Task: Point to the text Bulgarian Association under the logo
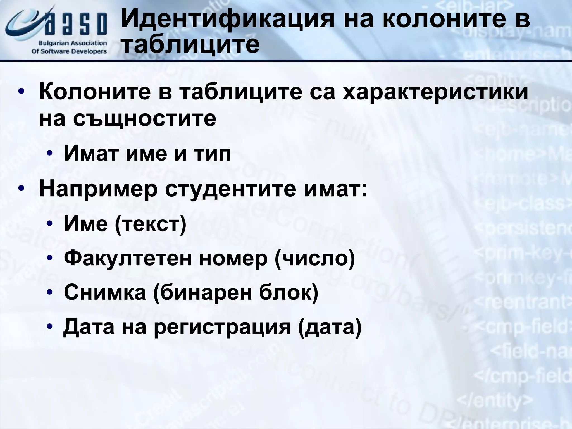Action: click(x=73, y=43)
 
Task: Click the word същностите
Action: click(x=145, y=118)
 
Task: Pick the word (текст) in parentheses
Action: click(x=151, y=223)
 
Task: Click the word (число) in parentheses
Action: click(x=315, y=259)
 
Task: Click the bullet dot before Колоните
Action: click(x=21, y=92)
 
